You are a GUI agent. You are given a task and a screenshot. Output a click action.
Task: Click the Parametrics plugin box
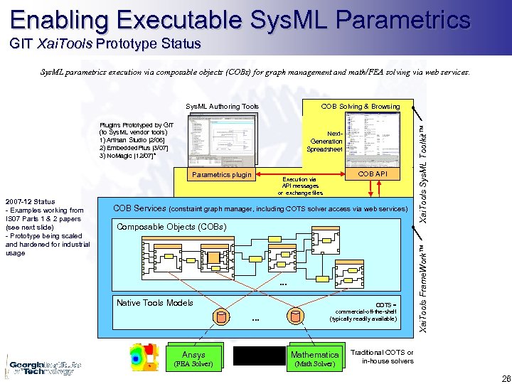222,175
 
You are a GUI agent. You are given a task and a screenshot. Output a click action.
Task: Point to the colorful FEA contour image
144,356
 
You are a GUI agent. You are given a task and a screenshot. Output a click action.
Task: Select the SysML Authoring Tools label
222,107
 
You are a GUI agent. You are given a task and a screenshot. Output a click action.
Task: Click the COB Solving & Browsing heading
360,107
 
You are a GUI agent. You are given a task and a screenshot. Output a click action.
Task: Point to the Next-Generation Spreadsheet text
325,142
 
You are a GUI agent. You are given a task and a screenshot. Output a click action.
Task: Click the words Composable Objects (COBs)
171,227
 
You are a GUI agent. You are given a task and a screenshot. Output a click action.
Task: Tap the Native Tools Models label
154,303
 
